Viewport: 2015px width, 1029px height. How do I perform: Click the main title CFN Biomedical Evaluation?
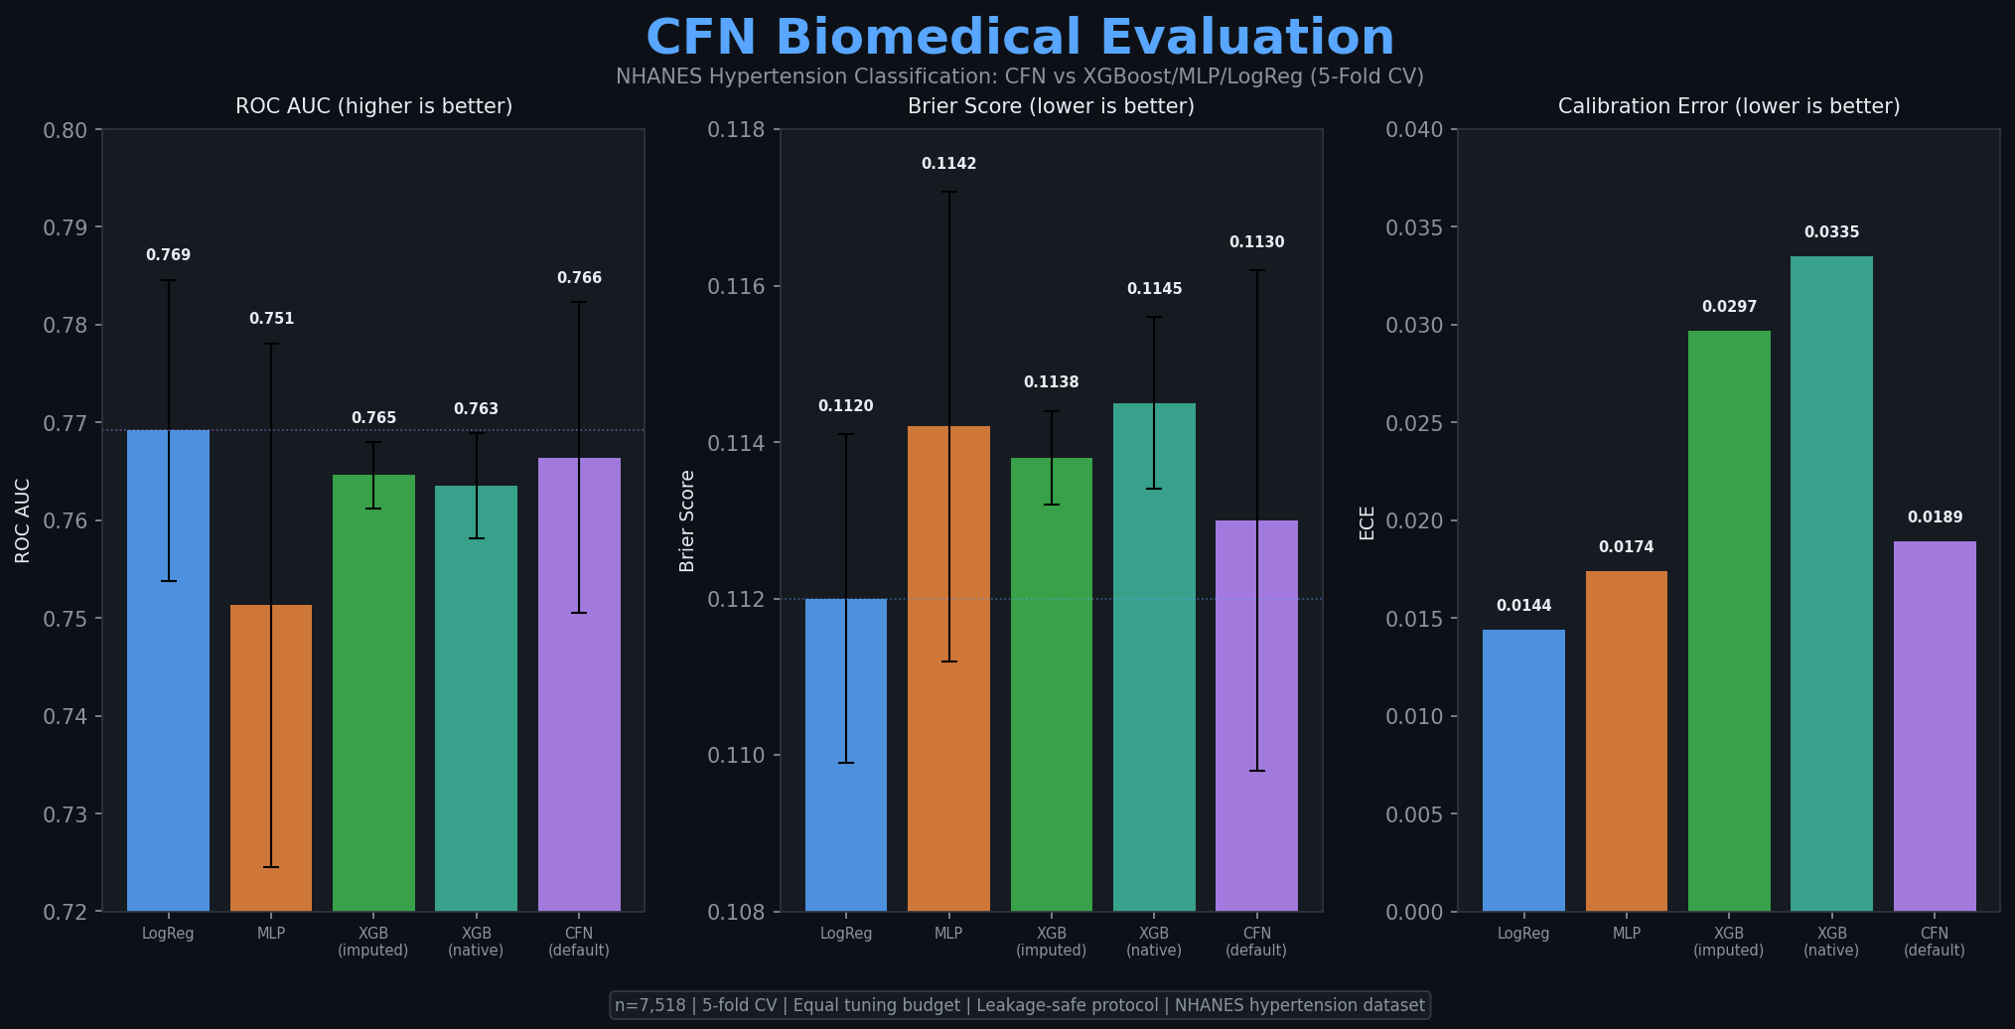1020,38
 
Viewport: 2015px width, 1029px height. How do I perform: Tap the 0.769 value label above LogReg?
168,255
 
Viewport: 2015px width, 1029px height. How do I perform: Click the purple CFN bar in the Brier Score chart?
1256,715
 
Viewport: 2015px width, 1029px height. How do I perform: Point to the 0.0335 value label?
1831,232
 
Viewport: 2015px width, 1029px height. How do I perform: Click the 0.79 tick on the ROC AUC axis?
72,227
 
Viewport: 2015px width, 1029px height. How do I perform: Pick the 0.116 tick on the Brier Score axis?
736,286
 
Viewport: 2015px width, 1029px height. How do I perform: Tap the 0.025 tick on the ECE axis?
1414,423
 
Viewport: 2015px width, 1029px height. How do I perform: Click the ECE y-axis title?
1367,522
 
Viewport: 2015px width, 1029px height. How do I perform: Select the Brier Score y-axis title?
687,520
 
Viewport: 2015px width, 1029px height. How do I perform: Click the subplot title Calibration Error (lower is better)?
1728,106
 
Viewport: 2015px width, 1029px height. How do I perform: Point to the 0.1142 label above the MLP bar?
948,164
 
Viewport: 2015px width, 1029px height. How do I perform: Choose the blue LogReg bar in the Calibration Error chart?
1523,770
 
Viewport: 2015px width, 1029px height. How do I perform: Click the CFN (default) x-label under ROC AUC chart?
579,942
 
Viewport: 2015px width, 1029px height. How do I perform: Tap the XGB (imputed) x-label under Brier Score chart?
1051,942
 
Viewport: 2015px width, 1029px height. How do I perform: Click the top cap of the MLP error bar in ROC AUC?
271,344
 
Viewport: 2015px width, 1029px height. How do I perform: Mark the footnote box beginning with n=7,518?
1020,1005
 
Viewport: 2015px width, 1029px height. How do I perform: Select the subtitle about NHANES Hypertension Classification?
1020,76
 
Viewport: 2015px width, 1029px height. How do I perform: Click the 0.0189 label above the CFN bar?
1935,517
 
